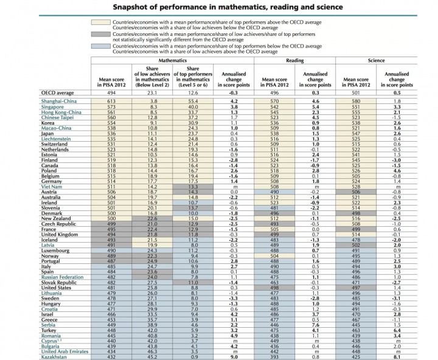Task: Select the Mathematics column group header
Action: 172,62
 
